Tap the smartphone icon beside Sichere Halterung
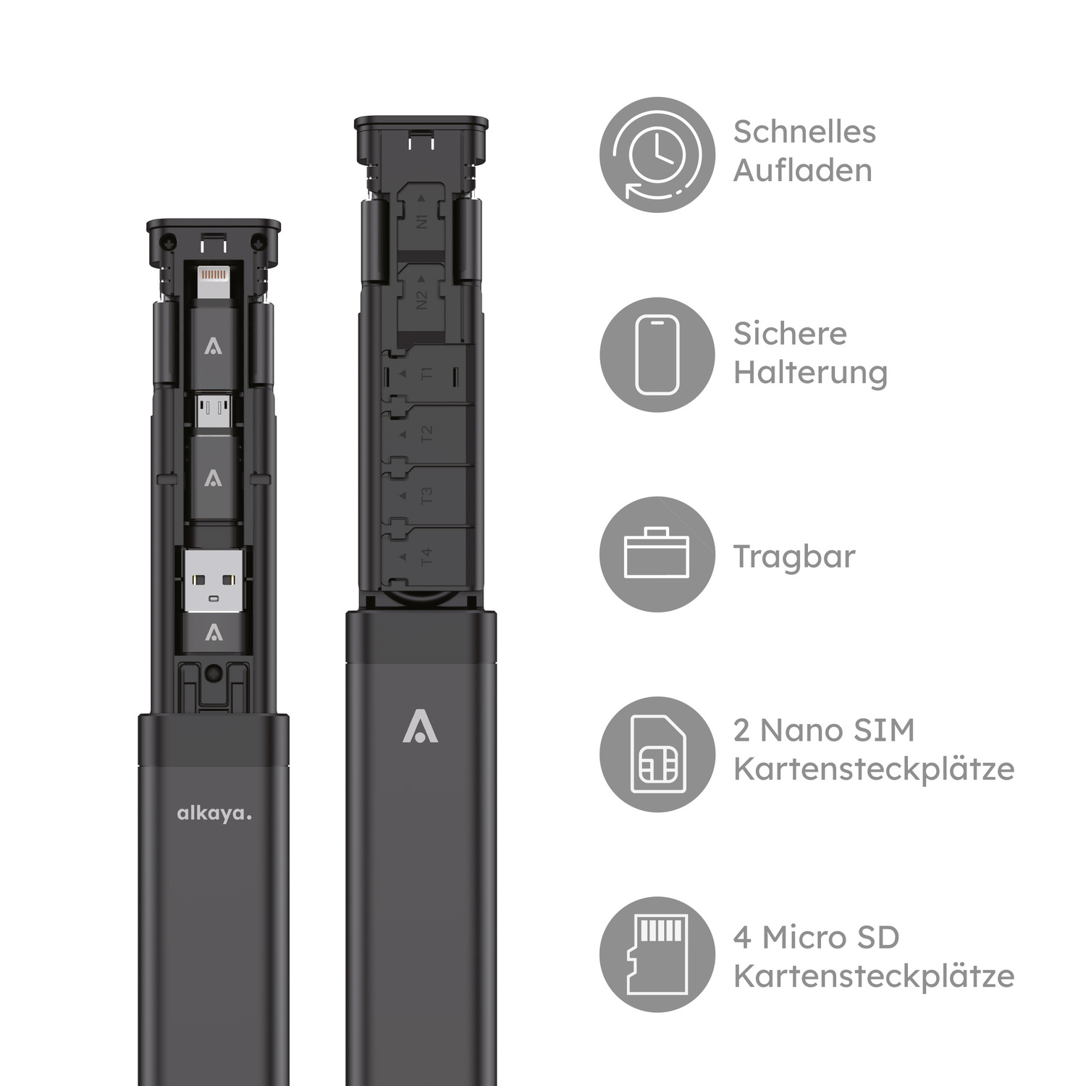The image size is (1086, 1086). coord(657,355)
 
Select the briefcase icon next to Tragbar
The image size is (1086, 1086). coord(657,555)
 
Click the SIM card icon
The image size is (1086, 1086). coord(657,754)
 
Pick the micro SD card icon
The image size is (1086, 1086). coord(657,954)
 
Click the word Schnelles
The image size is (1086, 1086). coord(804,132)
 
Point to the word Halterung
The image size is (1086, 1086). coord(810,373)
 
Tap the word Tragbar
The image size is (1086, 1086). coord(794,557)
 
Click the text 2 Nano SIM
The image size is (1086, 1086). coord(824,731)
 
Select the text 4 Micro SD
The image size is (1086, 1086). coord(816,938)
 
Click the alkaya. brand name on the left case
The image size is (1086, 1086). coord(214,814)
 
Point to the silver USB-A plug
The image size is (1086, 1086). coord(214,581)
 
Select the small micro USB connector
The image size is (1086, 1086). coord(214,411)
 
